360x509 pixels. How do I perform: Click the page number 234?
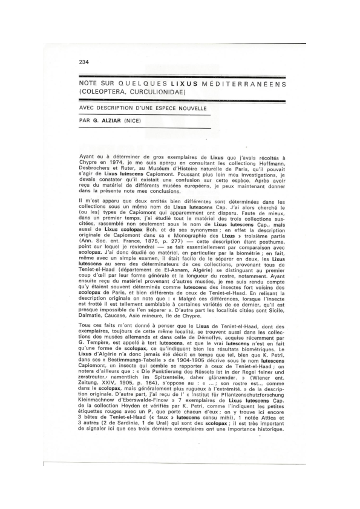tap(84, 62)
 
